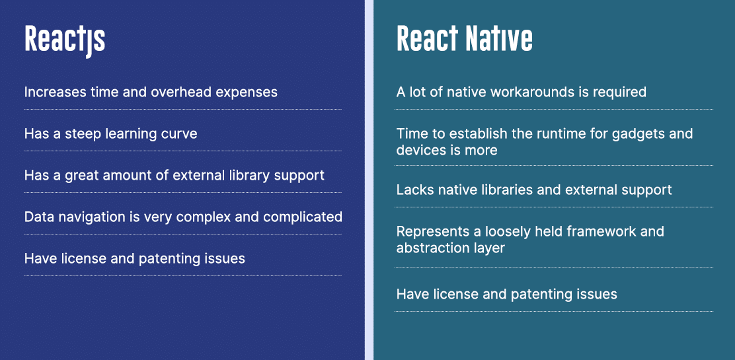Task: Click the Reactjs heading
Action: tap(65, 40)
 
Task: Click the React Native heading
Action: tap(464, 40)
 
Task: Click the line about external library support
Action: tap(174, 176)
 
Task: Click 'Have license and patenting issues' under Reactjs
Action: tap(134, 259)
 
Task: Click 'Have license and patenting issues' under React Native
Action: tap(506, 295)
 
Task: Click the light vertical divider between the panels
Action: tap(369, 180)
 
